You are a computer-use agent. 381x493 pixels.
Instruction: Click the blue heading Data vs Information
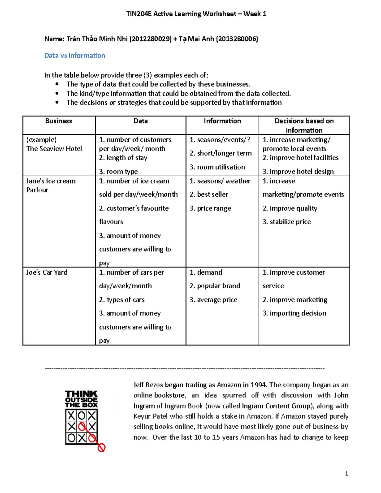75,56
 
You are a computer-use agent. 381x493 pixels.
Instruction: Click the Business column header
58,121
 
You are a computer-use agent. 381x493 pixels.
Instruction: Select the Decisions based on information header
304,125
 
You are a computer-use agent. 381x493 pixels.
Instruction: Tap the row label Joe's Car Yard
47,272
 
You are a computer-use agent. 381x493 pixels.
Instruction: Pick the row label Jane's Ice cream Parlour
51,185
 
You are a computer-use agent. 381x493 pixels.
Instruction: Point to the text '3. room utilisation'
217,167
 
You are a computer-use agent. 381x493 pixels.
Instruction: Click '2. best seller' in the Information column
209,194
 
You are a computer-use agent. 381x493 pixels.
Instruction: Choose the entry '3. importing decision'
294,313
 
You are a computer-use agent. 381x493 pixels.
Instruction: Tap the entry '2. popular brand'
215,286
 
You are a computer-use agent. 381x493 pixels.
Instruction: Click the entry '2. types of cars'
122,300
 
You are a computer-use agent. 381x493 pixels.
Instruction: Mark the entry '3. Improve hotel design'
298,171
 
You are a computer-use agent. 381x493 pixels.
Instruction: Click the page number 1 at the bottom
346,474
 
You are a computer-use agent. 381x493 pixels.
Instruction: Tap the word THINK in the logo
81,394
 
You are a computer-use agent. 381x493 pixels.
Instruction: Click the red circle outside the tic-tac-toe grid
101,448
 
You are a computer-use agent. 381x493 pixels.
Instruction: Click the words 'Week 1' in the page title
255,14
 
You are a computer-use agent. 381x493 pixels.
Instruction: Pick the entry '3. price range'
210,208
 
